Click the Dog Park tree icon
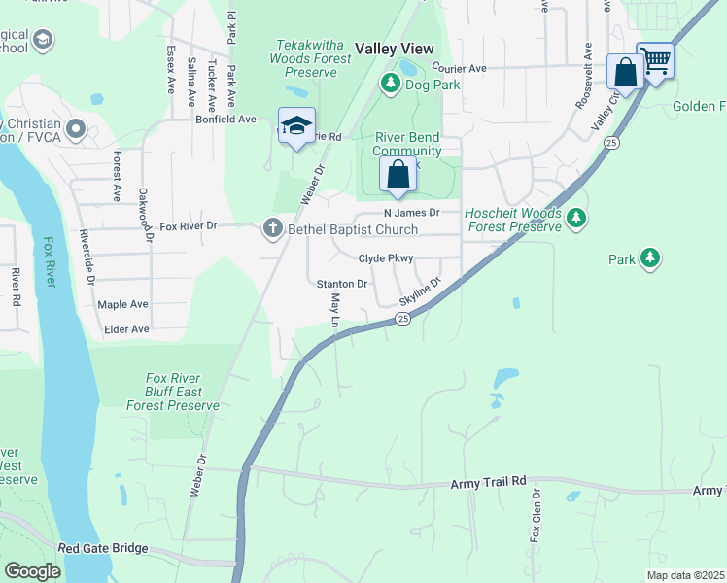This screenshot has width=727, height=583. tap(391, 84)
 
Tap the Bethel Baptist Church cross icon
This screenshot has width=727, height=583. tap(272, 229)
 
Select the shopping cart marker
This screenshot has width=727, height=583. tap(656, 62)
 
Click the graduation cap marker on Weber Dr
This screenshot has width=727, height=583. tap(296, 126)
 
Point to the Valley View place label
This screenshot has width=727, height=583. tap(394, 48)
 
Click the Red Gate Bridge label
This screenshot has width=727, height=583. tap(103, 549)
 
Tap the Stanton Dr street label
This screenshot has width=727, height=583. tap(342, 284)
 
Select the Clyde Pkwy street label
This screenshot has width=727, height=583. tap(386, 258)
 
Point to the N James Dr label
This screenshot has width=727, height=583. tap(412, 212)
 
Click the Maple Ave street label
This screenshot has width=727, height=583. tap(123, 304)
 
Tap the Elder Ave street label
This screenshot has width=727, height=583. tap(126, 329)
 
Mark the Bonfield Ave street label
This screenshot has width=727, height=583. tap(225, 120)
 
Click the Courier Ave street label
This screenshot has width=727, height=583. tap(459, 69)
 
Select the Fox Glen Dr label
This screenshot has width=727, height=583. tap(535, 516)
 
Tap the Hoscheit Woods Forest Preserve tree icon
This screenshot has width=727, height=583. tap(576, 217)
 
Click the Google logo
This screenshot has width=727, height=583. tap(32, 571)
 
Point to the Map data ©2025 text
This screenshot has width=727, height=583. tap(684, 575)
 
